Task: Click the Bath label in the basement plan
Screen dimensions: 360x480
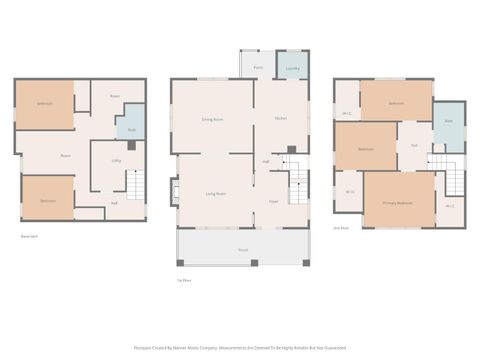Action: pyautogui.click(x=131, y=130)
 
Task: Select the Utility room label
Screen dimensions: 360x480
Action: pyautogui.click(x=116, y=160)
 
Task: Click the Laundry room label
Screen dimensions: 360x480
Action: pyautogui.click(x=292, y=69)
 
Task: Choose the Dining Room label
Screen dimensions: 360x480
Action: pyautogui.click(x=211, y=120)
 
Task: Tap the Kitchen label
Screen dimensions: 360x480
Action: pyautogui.click(x=281, y=120)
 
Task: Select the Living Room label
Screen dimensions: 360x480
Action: pyautogui.click(x=214, y=193)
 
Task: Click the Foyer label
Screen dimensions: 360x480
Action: pyautogui.click(x=272, y=200)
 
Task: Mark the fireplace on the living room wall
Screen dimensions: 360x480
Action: pyautogui.click(x=175, y=190)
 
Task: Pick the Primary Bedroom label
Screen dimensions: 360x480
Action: pyautogui.click(x=397, y=203)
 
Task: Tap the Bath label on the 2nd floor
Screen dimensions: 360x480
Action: pyautogui.click(x=449, y=121)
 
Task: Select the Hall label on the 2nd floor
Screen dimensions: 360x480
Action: pyautogui.click(x=413, y=146)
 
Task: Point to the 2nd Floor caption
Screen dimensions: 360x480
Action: pyautogui.click(x=340, y=226)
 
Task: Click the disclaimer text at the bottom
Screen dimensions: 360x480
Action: pyautogui.click(x=240, y=348)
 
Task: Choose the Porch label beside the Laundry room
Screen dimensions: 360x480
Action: pyautogui.click(x=257, y=68)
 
